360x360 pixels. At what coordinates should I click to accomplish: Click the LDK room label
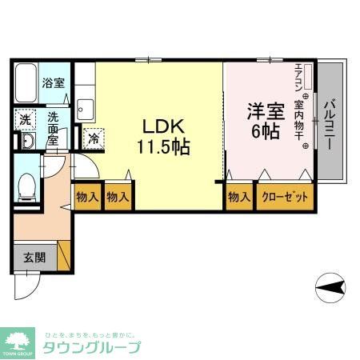click(164, 126)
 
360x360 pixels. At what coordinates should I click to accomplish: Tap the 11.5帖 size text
click(164, 148)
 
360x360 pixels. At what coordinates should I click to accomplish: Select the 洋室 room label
click(265, 111)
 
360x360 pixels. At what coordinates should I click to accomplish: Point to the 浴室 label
click(53, 82)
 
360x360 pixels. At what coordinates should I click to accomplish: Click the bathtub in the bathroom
click(27, 81)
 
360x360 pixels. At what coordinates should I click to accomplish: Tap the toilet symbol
click(26, 189)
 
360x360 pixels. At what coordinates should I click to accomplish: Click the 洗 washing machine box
click(24, 118)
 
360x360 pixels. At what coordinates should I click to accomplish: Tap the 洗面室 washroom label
click(53, 128)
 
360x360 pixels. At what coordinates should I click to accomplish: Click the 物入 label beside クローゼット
click(238, 197)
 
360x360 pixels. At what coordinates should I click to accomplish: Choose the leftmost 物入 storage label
click(87, 197)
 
